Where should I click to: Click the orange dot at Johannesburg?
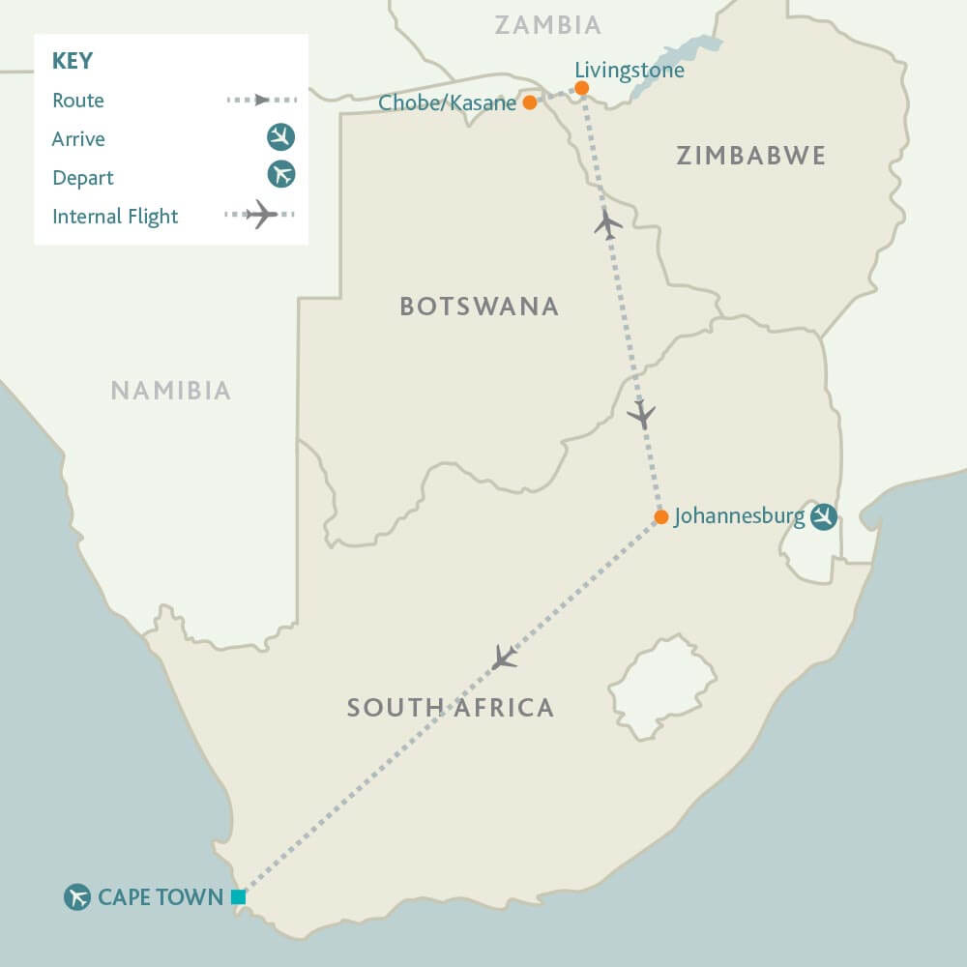tap(660, 517)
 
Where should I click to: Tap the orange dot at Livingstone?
tap(582, 88)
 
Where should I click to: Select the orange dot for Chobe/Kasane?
tap(529, 102)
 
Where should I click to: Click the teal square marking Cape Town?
tap(239, 897)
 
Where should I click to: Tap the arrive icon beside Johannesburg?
tap(824, 517)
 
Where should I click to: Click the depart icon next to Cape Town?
tap(77, 897)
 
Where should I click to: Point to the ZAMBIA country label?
tap(547, 25)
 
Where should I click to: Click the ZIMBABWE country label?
tap(750, 156)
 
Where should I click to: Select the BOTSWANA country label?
tap(479, 307)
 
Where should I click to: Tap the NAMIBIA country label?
tap(170, 391)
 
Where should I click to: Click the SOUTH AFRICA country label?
tap(451, 708)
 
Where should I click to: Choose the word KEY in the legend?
tap(73, 61)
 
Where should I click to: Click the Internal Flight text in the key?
tap(115, 217)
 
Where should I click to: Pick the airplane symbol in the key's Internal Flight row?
tap(261, 215)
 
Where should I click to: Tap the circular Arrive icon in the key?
tap(280, 137)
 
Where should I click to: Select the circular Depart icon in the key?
tap(280, 175)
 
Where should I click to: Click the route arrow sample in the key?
tap(261, 100)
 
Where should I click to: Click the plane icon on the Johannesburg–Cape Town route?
tap(504, 658)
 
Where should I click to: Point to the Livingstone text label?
tap(629, 71)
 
